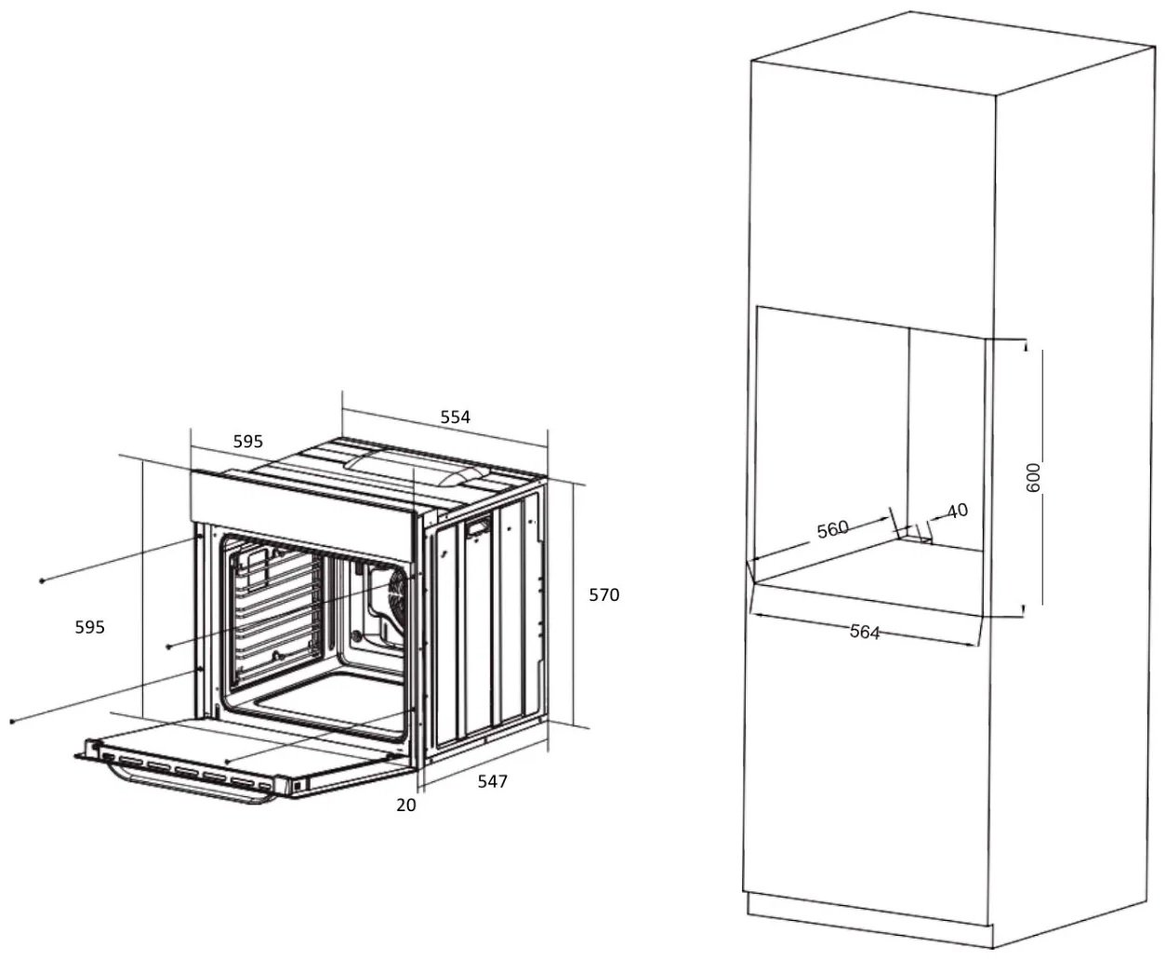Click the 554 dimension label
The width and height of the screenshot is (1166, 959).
[455, 417]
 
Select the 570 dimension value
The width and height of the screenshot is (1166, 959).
[603, 595]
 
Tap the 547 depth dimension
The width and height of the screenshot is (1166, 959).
[492, 781]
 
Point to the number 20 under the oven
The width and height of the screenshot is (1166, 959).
[405, 806]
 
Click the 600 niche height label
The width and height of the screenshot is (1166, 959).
[1033, 478]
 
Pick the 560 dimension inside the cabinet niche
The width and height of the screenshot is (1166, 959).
[832, 529]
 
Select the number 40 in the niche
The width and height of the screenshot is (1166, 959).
[958, 511]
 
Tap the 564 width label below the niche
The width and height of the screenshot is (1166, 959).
[865, 632]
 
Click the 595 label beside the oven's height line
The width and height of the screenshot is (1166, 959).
[89, 627]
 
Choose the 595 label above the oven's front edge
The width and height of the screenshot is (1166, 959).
[247, 441]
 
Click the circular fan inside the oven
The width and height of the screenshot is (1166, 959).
[399, 589]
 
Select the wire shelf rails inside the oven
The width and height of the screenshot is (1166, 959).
[276, 614]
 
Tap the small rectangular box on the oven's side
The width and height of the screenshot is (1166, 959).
[479, 526]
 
